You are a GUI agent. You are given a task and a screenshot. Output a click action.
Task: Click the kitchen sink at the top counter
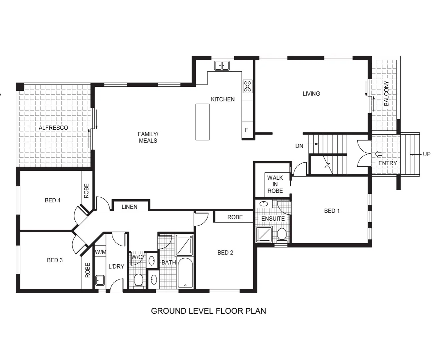tap(222, 65)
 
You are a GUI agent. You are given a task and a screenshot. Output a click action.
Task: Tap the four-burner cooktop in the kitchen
tap(248, 86)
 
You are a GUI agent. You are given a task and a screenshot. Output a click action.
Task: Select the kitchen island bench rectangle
tap(202, 122)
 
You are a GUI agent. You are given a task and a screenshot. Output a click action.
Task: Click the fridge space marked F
tap(247, 130)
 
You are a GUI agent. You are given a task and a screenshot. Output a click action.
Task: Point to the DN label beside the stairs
tap(299, 146)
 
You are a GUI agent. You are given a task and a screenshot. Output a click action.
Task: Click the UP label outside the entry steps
tap(427, 154)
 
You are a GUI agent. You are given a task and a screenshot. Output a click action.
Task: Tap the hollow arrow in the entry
tap(379, 154)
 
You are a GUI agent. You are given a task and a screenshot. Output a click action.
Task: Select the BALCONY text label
tap(386, 93)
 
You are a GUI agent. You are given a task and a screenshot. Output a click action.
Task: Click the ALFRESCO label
tap(53, 128)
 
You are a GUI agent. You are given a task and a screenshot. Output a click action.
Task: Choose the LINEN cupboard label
tap(129, 207)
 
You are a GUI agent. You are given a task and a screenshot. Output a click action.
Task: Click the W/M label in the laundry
tap(100, 252)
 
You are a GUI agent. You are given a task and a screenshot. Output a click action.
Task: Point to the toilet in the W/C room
tap(138, 281)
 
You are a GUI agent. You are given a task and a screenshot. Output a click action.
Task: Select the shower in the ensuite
tap(264, 234)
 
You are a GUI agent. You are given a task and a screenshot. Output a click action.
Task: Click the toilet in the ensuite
tap(282, 235)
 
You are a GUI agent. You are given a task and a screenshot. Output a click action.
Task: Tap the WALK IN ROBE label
tap(275, 184)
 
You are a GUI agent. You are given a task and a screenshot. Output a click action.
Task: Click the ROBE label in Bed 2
tap(235, 217)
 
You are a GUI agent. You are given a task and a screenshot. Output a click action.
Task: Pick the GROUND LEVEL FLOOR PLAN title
tap(208, 311)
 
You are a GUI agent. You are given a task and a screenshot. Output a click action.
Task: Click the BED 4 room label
tap(53, 200)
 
